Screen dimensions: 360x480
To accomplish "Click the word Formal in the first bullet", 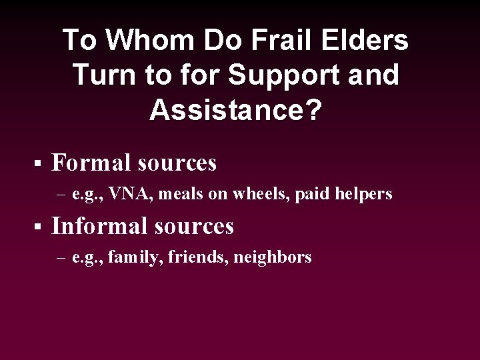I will (x=91, y=162).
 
